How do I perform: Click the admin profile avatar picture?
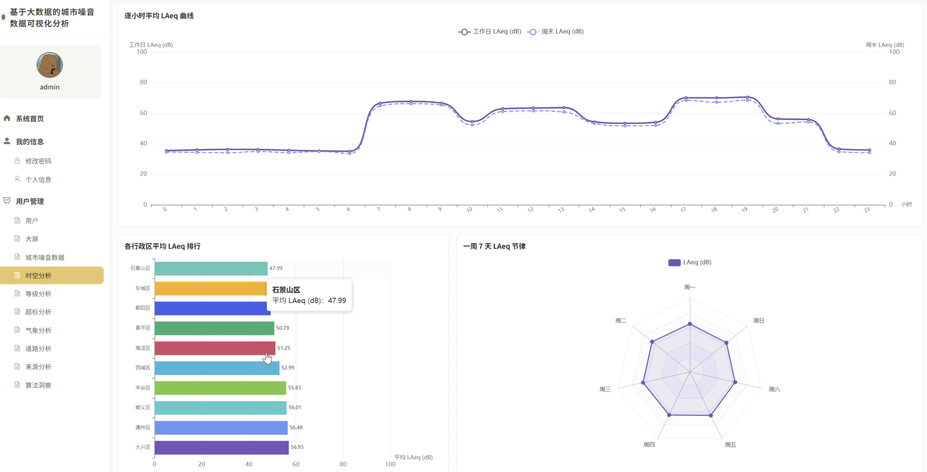tap(50, 65)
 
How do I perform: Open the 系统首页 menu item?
tap(30, 119)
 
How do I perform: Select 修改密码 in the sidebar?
tap(38, 161)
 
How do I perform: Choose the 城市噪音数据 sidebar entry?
tap(45, 258)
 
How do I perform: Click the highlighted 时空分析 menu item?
tap(52, 275)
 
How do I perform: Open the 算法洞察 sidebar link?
tap(38, 385)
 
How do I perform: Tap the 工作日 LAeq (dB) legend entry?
tap(490, 32)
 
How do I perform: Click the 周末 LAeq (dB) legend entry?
tap(556, 32)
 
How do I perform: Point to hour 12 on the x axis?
tap(531, 210)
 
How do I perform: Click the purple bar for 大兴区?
tap(222, 448)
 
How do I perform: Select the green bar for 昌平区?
tap(215, 328)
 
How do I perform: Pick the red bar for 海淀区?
tap(215, 348)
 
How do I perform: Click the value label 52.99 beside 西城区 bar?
tap(288, 368)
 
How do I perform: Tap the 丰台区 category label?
tap(143, 388)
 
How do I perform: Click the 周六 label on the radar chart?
tap(774, 390)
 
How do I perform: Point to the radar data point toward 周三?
tap(643, 383)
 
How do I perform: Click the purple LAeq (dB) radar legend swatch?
tap(674, 263)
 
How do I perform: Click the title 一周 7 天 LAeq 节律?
tap(494, 247)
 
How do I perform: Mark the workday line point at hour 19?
tap(747, 97)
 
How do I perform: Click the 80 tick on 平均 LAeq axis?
tap(343, 464)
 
